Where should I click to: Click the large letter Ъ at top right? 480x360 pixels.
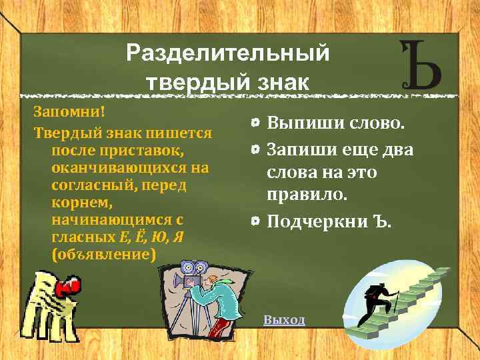420,66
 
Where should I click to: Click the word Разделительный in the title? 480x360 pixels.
227,53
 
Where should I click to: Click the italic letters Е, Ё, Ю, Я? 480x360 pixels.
151,237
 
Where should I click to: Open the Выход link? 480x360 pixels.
284,319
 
